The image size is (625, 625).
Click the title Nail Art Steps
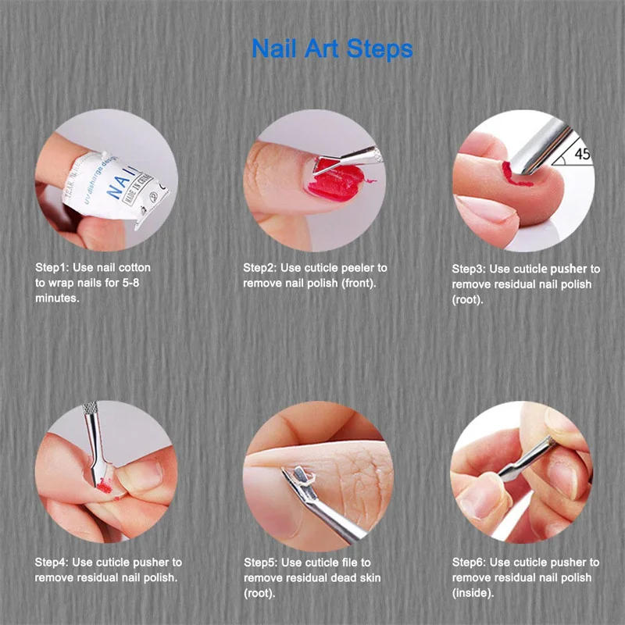pyautogui.click(x=332, y=48)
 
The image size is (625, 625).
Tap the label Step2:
pyautogui.click(x=259, y=267)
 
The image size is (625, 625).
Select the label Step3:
pyautogui.click(x=469, y=269)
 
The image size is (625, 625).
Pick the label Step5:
pyautogui.click(x=260, y=562)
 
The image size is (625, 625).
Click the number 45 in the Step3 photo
pyautogui.click(x=582, y=154)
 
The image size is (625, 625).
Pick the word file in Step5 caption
pyautogui.click(x=348, y=562)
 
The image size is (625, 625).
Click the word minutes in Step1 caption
pyautogui.click(x=57, y=297)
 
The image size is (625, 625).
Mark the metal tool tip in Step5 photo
pyautogui.click(x=298, y=474)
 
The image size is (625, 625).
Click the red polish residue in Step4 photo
pyautogui.click(x=103, y=487)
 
